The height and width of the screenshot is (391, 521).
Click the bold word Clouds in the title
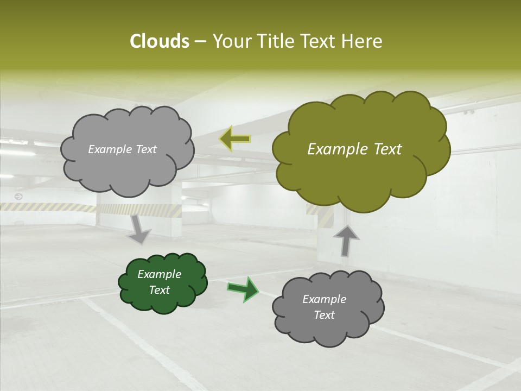coord(160,41)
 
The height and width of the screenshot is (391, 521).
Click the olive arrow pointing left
coord(235,139)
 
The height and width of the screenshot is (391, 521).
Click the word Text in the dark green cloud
coord(160,290)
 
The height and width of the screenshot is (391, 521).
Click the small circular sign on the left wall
coord(18,196)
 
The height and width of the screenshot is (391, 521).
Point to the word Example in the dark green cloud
coord(160,274)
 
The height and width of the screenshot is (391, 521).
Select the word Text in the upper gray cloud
coord(145,149)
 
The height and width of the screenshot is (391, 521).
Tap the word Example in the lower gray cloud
coord(324,299)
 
